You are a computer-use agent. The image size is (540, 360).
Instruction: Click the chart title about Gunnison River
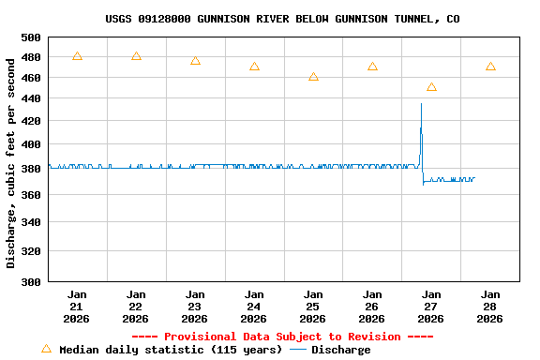[282, 19]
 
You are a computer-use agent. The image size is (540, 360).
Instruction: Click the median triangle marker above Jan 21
[77, 56]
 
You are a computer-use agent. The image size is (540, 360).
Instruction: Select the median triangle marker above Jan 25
[313, 77]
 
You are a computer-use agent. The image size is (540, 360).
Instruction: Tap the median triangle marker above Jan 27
[431, 87]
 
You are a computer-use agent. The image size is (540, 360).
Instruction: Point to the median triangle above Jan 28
[490, 67]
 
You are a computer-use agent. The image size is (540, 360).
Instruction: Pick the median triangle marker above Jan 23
[195, 61]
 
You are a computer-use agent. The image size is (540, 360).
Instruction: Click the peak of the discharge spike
[421, 104]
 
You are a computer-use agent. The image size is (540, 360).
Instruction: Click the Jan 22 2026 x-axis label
[136, 307]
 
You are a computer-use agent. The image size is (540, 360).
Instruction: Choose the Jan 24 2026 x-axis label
[254, 307]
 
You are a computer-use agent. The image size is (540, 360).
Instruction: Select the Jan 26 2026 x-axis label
[372, 307]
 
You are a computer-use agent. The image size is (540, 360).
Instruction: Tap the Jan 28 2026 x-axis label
[490, 307]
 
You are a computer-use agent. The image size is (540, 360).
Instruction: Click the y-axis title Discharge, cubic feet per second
[11, 161]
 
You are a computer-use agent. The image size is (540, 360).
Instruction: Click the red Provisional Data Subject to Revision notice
[282, 337]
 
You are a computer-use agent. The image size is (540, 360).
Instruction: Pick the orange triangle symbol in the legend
[46, 349]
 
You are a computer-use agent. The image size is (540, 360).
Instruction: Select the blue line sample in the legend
[298, 350]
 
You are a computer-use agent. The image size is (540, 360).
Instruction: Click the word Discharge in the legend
[340, 350]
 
